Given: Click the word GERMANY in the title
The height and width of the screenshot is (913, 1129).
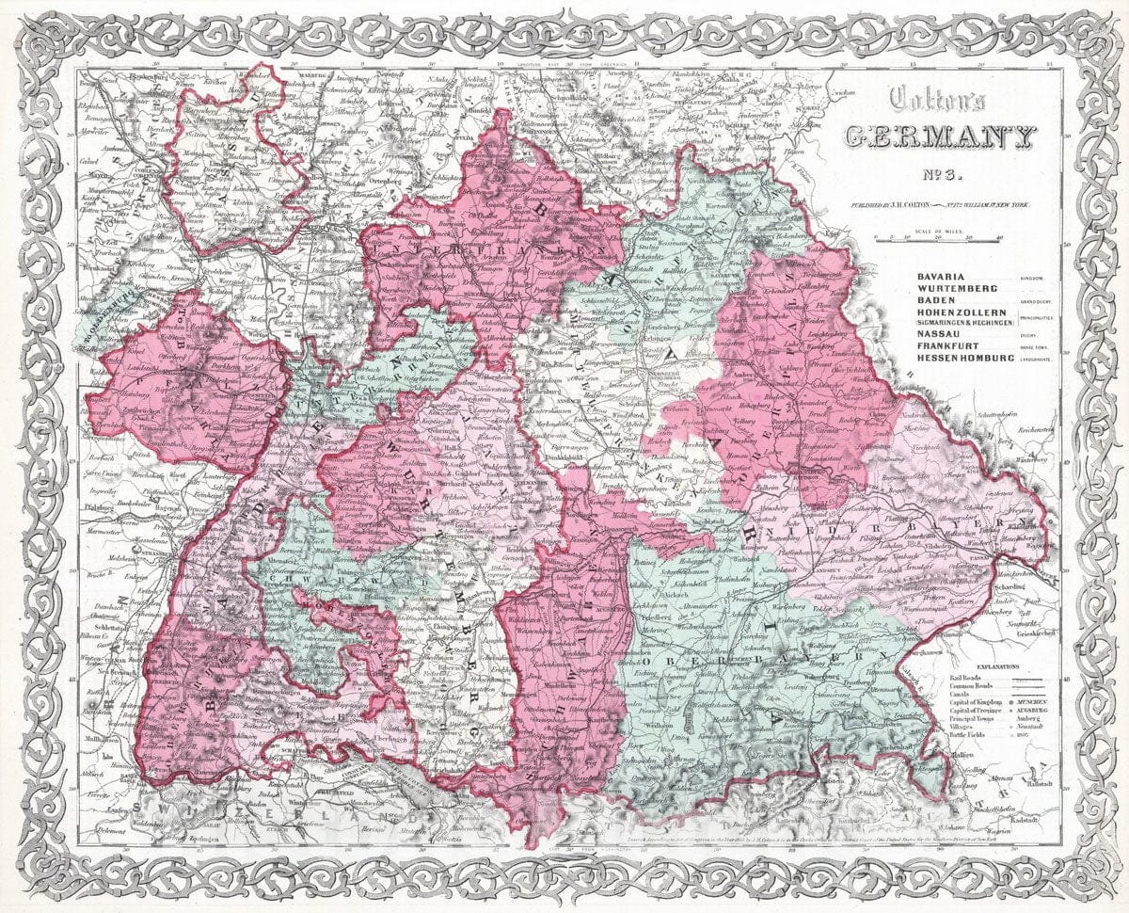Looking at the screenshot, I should pyautogui.click(x=941, y=136).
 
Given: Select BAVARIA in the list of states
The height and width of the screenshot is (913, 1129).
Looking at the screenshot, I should pyautogui.click(x=941, y=274).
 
